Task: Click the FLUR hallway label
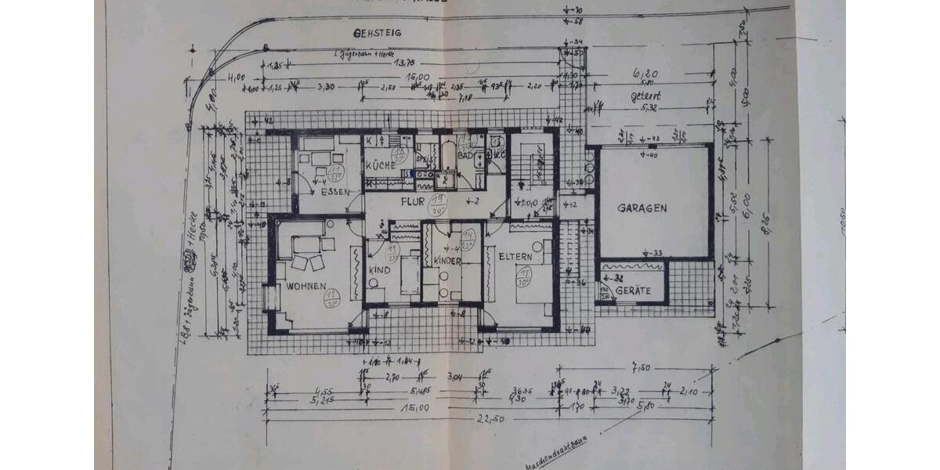coord(413,201)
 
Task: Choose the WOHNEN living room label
coord(305,287)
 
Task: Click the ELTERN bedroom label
coord(515,256)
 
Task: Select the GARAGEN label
coord(642,208)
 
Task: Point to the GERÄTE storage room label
coord(633,291)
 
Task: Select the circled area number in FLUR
coord(436,205)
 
